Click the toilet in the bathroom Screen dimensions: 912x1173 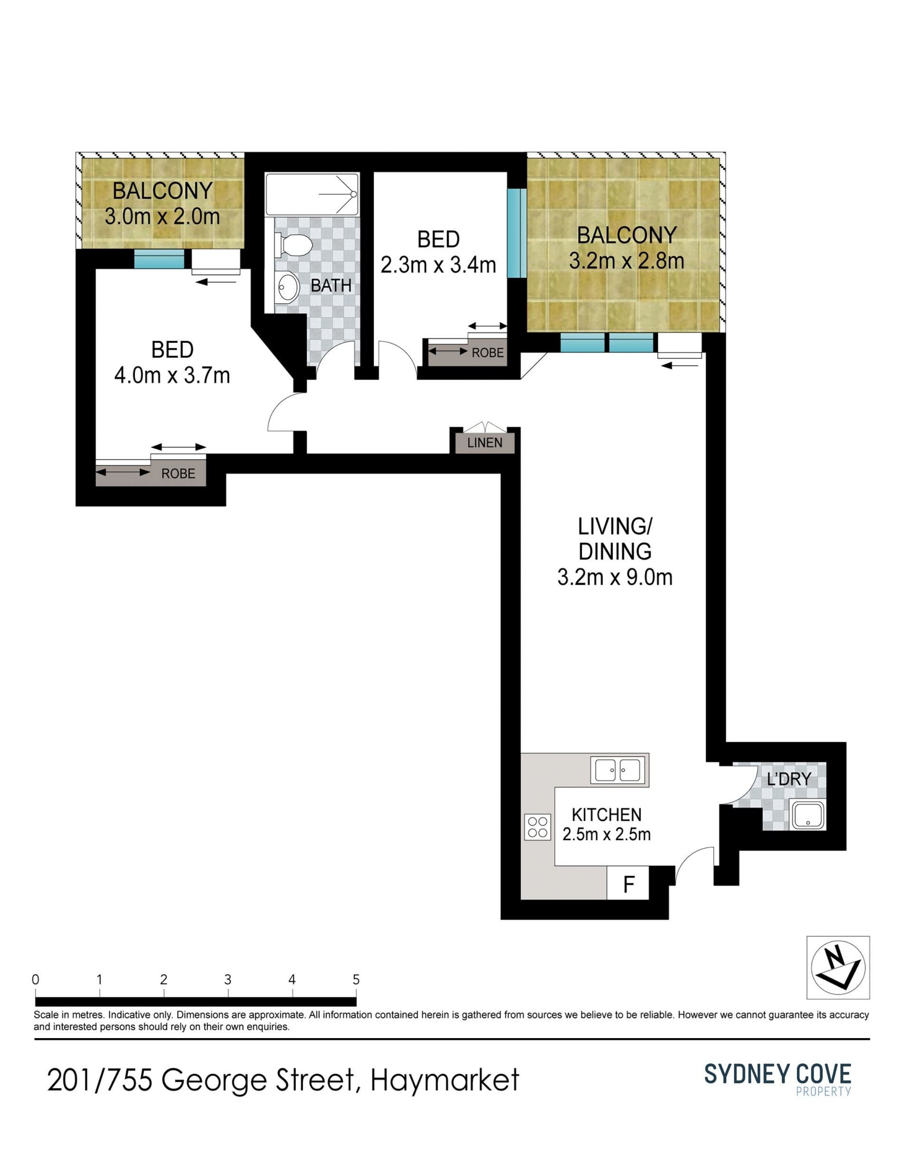pos(293,246)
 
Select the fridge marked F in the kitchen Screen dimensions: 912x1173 pos(628,883)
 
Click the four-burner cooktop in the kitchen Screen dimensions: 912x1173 pos(538,827)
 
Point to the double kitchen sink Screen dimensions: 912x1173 pos(619,770)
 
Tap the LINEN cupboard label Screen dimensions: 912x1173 pos(484,443)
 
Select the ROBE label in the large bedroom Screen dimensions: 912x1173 pos(178,474)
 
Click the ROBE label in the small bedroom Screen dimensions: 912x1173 pos(488,352)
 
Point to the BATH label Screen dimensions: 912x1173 pos(331,286)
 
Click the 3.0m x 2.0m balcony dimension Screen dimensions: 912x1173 pos(162,217)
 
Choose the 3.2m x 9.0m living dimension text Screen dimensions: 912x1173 pos(615,577)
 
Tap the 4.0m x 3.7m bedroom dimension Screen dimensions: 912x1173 pos(172,375)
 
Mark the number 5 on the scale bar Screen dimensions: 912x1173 pos(356,979)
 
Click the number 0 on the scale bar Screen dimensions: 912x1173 pos(36,979)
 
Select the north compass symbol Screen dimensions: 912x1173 pos(838,968)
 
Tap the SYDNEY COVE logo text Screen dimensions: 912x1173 pos(778,1074)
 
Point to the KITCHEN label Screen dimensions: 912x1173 pos(607,815)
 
